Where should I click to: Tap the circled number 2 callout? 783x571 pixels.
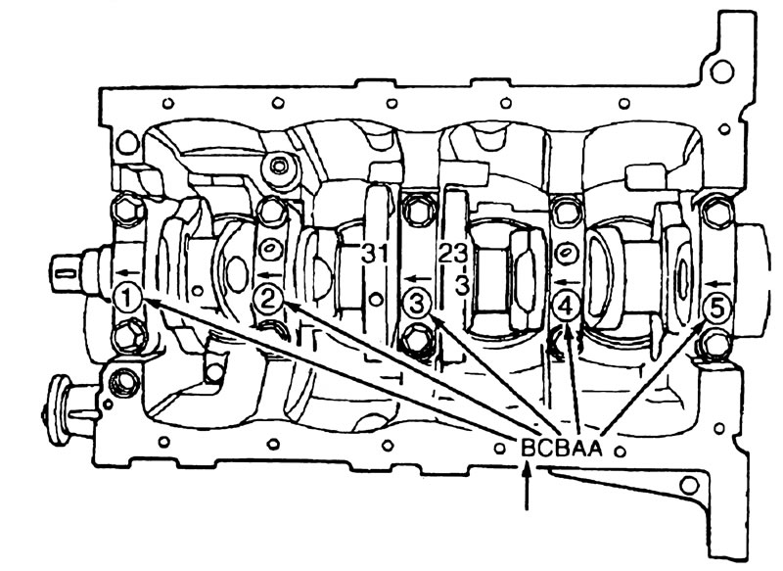268,300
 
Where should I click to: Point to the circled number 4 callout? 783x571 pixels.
566,306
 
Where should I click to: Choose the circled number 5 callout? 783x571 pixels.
716,309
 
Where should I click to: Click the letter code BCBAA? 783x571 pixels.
562,448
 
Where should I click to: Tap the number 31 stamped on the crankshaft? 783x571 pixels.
375,255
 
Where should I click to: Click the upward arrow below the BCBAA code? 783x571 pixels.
527,486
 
